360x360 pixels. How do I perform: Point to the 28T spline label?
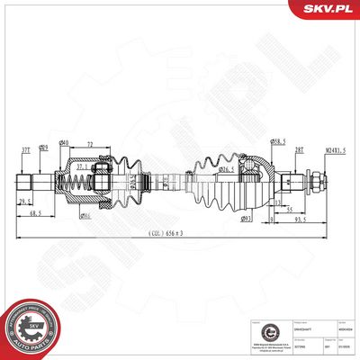tap(300, 150)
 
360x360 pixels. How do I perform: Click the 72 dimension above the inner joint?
tap(92, 144)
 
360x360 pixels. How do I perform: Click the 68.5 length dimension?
tap(35, 213)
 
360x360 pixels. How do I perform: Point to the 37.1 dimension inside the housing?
tap(82, 166)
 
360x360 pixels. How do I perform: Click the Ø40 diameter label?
tap(64, 144)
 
